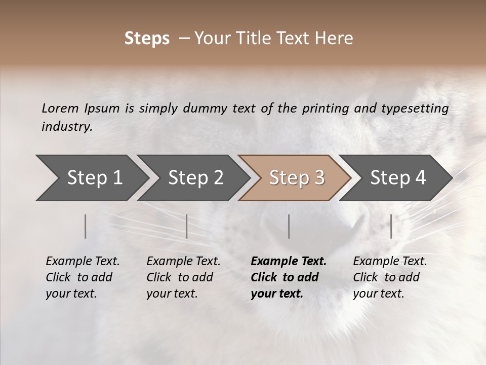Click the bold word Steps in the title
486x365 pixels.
pyautogui.click(x=147, y=39)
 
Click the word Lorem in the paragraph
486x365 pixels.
pyautogui.click(x=60, y=108)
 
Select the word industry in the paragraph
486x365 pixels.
pyautogui.click(x=66, y=126)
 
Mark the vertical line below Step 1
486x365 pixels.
pyautogui.click(x=86, y=226)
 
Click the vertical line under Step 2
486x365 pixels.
pyautogui.click(x=187, y=226)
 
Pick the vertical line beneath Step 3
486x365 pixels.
pyautogui.click(x=289, y=226)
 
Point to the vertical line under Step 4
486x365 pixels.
pyautogui.click(x=391, y=226)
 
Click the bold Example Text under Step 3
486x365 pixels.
pyautogui.click(x=289, y=262)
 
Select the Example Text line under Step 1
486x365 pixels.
pyautogui.click(x=83, y=262)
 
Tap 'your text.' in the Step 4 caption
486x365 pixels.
pyautogui.click(x=378, y=294)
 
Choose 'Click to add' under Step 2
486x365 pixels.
pyautogui.click(x=180, y=277)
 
